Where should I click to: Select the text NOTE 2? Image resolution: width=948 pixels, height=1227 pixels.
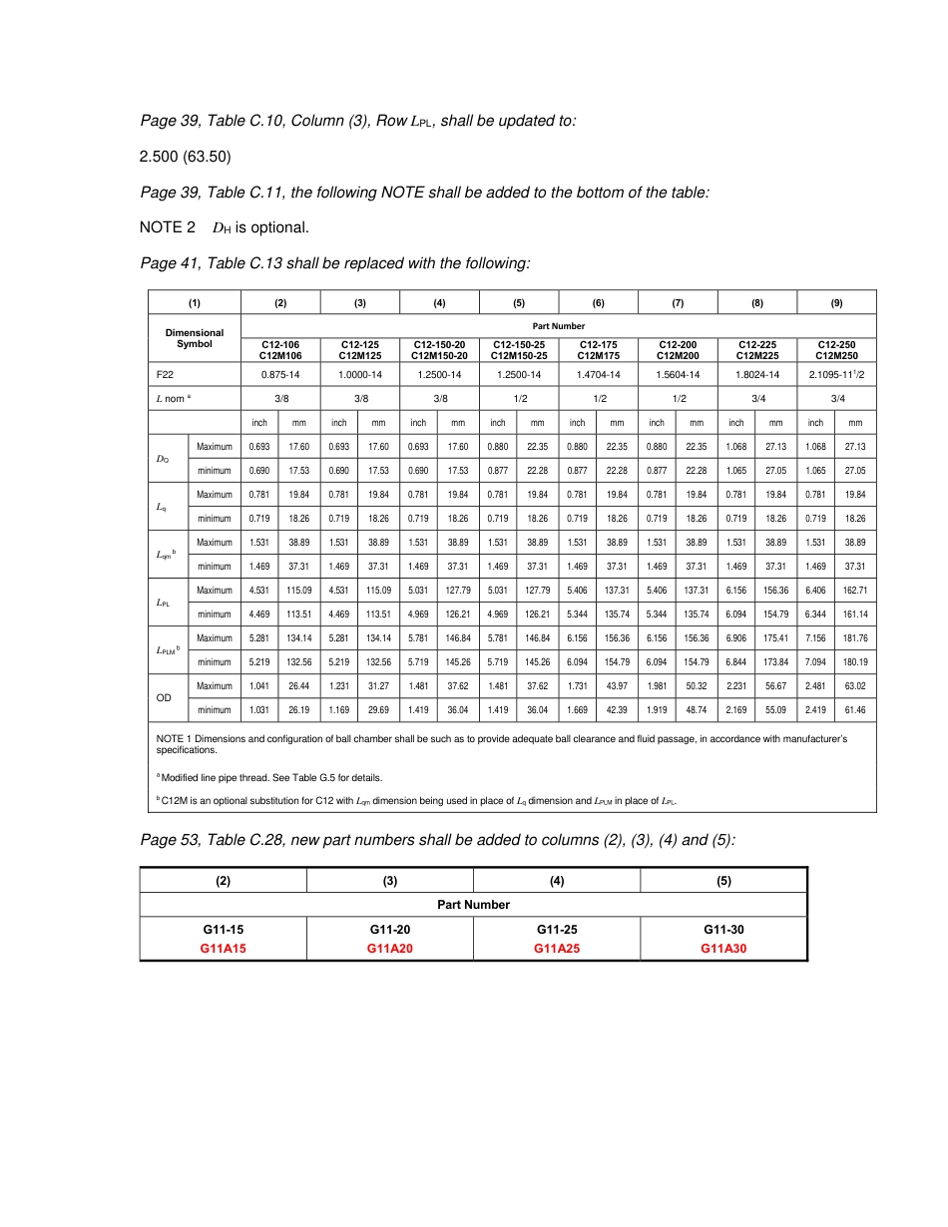pyautogui.click(x=168, y=228)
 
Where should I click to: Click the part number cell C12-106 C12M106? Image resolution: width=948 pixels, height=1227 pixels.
pyautogui.click(x=280, y=350)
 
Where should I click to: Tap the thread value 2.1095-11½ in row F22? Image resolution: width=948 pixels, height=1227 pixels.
pyautogui.click(x=836, y=375)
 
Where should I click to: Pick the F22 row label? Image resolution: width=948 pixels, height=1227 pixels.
pyautogui.click(x=166, y=375)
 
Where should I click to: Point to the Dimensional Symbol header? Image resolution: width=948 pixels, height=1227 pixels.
pyautogui.click(x=195, y=338)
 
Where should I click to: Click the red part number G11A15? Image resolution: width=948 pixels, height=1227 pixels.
pyautogui.click(x=223, y=949)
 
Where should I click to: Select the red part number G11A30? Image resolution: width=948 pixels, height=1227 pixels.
pyautogui.click(x=723, y=949)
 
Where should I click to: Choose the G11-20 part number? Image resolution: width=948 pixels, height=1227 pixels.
pyautogui.click(x=390, y=930)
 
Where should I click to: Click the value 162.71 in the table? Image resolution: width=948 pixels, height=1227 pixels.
pyautogui.click(x=855, y=590)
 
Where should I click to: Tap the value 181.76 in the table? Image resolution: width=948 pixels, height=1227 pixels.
pyautogui.click(x=855, y=637)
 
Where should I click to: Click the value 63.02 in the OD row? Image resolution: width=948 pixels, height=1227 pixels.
pyautogui.click(x=855, y=685)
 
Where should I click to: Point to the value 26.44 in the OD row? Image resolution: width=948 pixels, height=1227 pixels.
pyautogui.click(x=298, y=685)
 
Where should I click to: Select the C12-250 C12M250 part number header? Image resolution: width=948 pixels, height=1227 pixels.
pyautogui.click(x=836, y=350)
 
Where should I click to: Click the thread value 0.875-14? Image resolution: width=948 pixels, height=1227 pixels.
pyautogui.click(x=280, y=375)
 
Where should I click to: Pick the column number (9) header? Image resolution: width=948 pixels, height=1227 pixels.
pyautogui.click(x=836, y=302)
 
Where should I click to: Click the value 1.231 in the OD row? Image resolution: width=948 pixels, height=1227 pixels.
pyautogui.click(x=339, y=685)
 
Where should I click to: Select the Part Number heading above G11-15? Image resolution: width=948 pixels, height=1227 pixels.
pyautogui.click(x=473, y=905)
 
